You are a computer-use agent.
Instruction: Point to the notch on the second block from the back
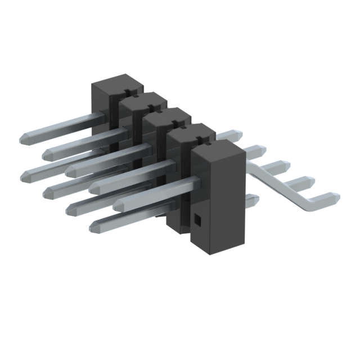click(x=153, y=106)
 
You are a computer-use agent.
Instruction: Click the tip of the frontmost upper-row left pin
click(x=117, y=206)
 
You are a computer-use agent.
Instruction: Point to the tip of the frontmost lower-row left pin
click(x=93, y=227)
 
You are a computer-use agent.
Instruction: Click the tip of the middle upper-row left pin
click(x=70, y=170)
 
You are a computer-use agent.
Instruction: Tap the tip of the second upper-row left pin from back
click(x=46, y=154)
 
